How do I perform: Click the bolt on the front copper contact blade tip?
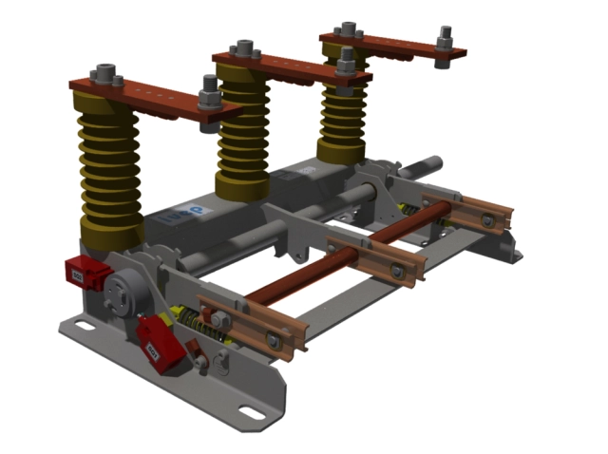pos(274,339)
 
